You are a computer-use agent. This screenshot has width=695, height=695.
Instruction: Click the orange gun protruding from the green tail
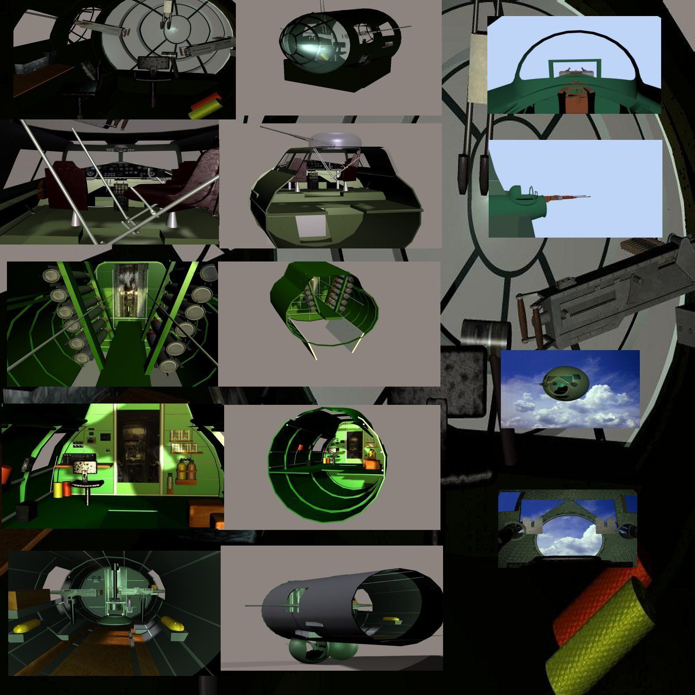coord(558,198)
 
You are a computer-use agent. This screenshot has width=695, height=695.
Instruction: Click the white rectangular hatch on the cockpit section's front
coord(311,226)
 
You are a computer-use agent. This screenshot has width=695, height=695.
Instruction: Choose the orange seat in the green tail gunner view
coord(573,98)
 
